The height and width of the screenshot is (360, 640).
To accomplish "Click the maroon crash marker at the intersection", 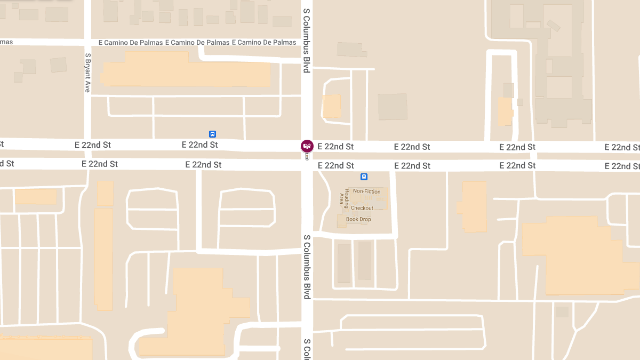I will pyautogui.click(x=307, y=146).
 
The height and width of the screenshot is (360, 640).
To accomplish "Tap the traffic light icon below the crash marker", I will pyautogui.click(x=307, y=157).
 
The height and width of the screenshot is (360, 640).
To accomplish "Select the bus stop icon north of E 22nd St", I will pyautogui.click(x=212, y=134).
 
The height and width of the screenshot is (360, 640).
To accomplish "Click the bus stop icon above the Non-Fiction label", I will pyautogui.click(x=364, y=177).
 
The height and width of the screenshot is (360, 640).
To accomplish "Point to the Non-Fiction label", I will pyautogui.click(x=367, y=191).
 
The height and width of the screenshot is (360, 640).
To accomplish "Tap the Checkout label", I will pyautogui.click(x=362, y=208).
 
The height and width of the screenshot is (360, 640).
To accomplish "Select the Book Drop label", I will pyautogui.click(x=358, y=219).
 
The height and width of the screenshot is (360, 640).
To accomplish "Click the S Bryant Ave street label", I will pyautogui.click(x=87, y=73).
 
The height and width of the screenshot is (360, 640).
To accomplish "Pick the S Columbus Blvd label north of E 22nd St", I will pyautogui.click(x=307, y=41).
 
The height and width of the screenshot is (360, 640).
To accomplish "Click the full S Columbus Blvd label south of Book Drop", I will pyautogui.click(x=307, y=267).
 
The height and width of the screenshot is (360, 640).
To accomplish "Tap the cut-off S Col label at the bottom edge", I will pyautogui.click(x=307, y=349).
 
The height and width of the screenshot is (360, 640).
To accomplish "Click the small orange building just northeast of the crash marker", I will pyautogui.click(x=331, y=106).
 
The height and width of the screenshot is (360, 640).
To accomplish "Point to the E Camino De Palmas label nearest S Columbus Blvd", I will pyautogui.click(x=267, y=43).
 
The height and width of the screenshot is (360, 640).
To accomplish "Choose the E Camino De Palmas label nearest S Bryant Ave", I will pyautogui.click(x=131, y=43).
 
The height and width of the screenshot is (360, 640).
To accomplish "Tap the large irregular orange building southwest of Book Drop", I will pyautogui.click(x=203, y=312).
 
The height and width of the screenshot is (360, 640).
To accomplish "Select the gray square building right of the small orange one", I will pyautogui.click(x=393, y=107).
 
